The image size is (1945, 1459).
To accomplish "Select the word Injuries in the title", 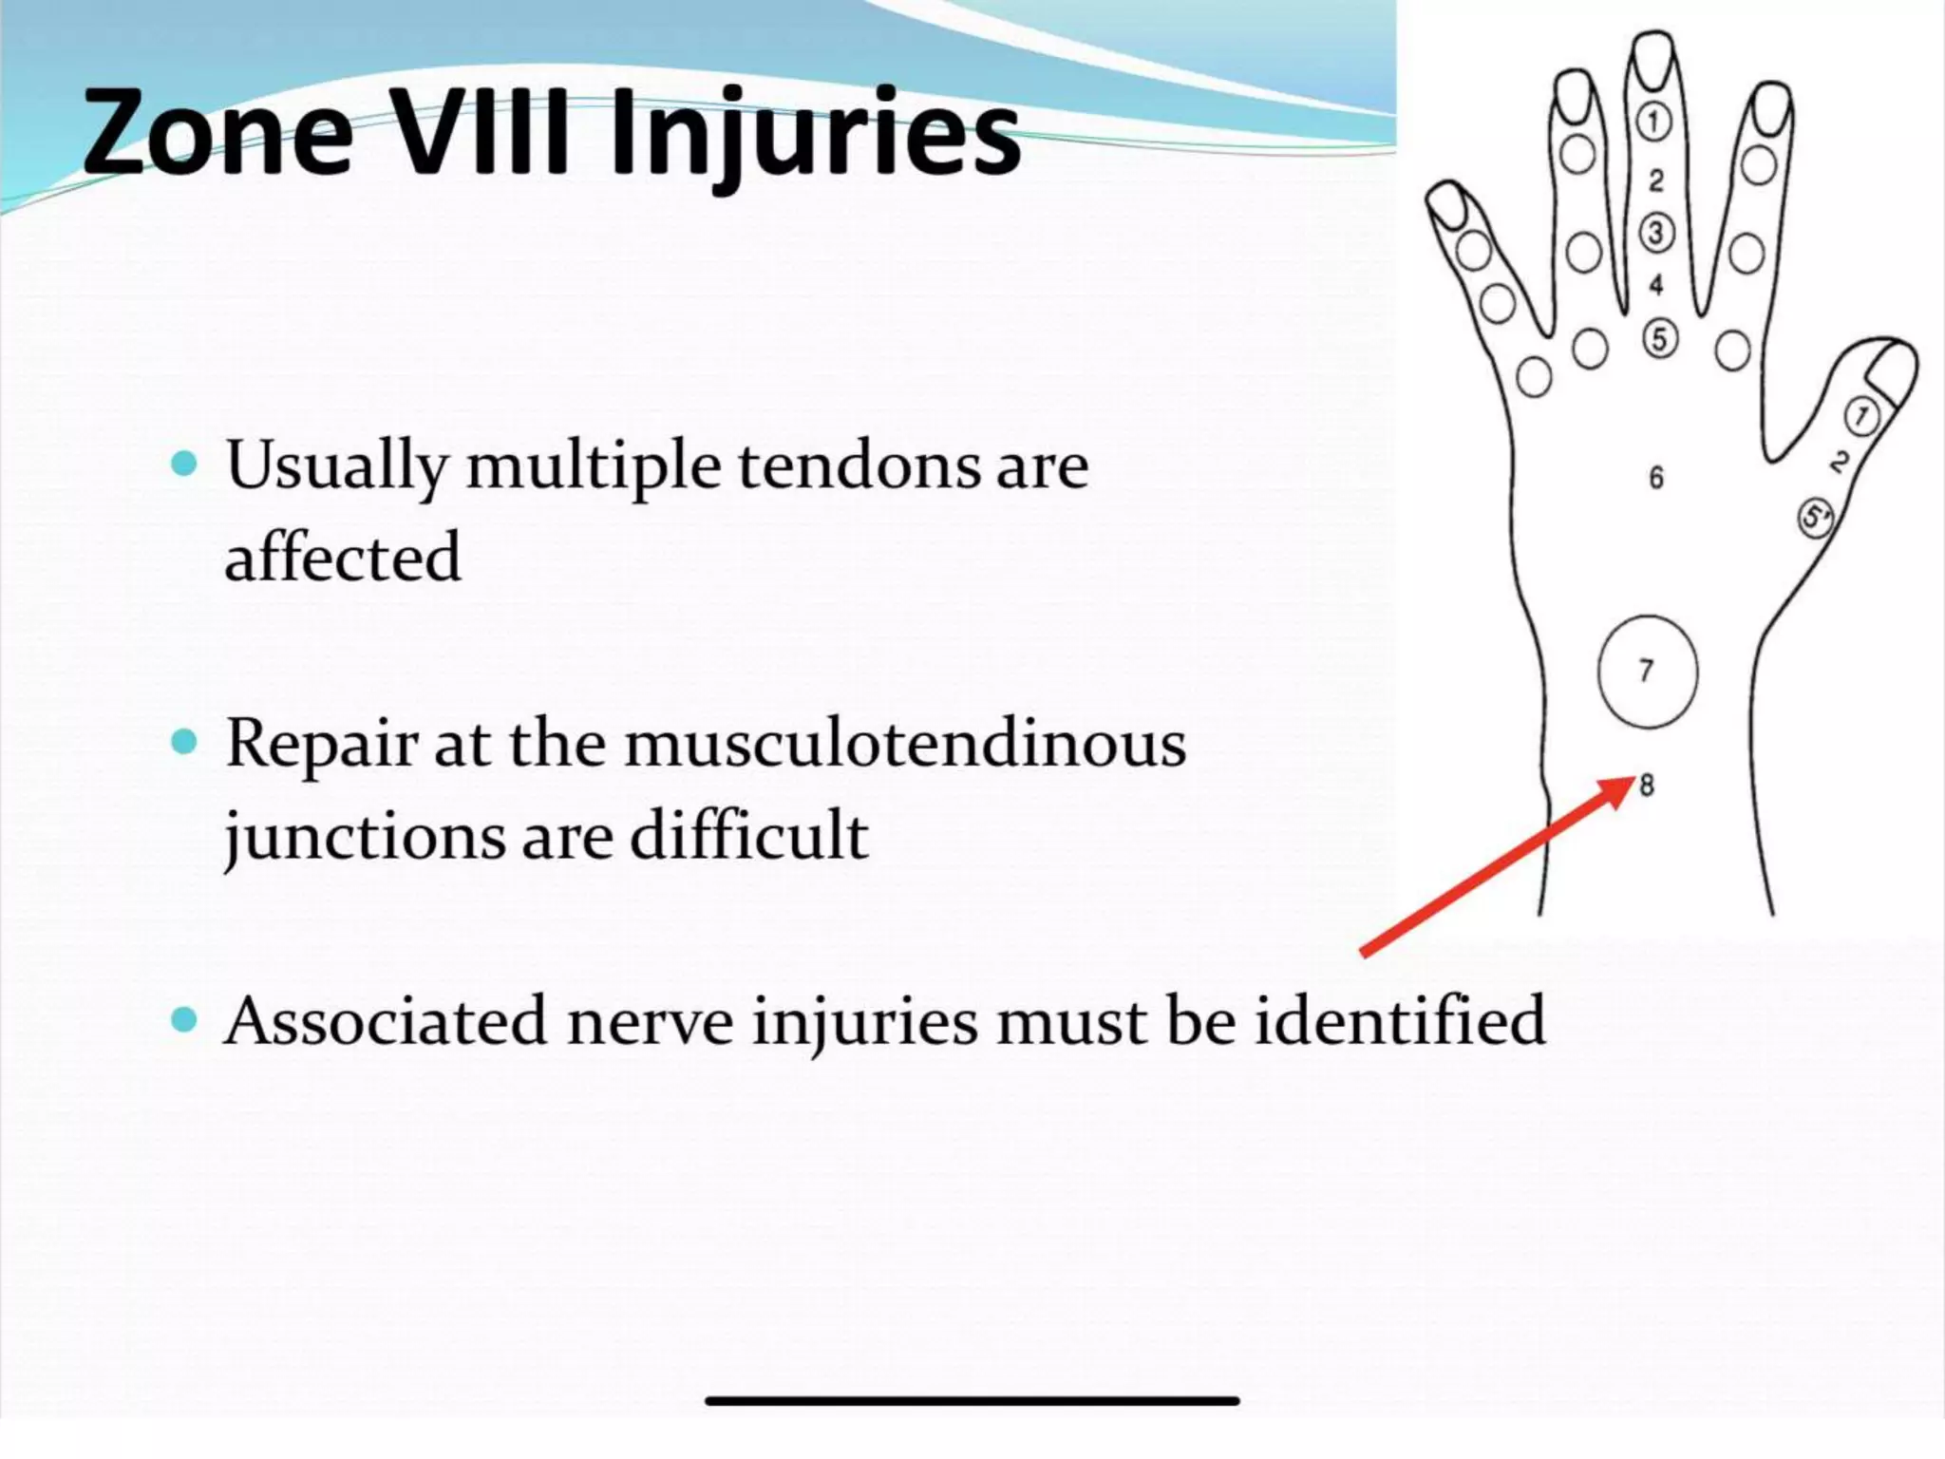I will click(815, 133).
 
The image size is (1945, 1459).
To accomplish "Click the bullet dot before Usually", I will click(183, 464).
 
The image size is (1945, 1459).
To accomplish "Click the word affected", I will click(342, 558).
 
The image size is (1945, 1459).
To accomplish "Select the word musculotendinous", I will click(904, 744).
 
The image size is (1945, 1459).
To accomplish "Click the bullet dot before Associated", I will click(183, 1020).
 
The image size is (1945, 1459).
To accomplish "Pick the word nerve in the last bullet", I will click(651, 1022).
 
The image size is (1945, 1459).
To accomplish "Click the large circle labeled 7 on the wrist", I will click(1647, 672).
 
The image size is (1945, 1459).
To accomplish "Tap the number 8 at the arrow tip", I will click(1646, 786).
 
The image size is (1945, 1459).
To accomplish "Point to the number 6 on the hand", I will click(1655, 477).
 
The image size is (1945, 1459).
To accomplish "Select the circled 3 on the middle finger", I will click(1656, 233).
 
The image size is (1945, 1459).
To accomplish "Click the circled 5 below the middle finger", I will click(1659, 338).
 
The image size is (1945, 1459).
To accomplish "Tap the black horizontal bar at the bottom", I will click(972, 1401).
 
